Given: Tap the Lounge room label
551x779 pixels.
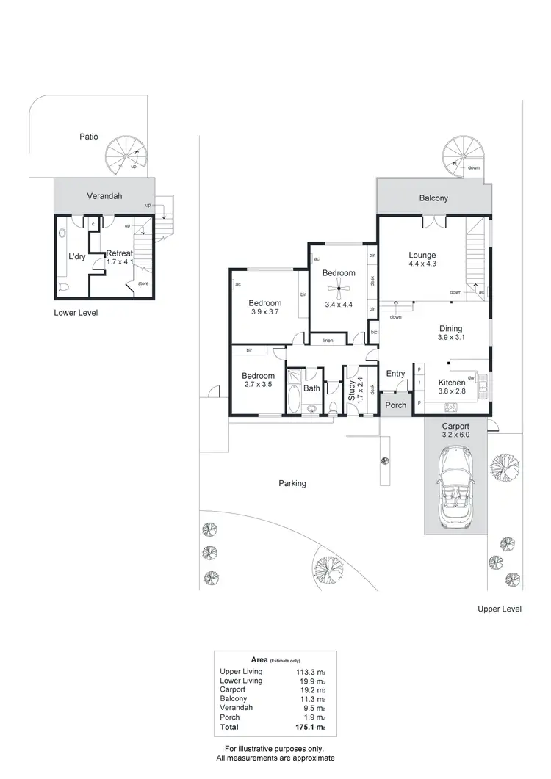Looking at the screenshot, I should pos(422,256).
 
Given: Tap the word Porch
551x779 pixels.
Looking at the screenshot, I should pos(396,405).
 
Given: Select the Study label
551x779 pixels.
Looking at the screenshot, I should pos(352,388).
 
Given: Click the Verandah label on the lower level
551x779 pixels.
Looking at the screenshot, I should pos(105,196).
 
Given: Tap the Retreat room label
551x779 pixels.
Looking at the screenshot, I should pos(119,253).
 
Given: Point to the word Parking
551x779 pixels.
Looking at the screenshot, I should pos(292,483).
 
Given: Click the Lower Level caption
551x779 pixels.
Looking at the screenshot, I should pos(76,312).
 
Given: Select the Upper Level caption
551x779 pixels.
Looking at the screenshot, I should pos(499,609).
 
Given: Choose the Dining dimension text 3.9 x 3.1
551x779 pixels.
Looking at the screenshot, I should pos(452,338).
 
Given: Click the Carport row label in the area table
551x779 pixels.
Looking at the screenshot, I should pos(233,690).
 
